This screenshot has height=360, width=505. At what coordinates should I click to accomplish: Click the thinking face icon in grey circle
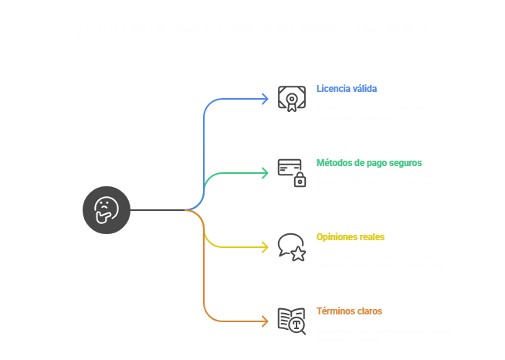coord(107,209)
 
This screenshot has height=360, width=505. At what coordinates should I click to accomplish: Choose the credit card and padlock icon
coord(291,172)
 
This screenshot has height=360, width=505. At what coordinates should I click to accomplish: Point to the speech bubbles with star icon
coord(291,246)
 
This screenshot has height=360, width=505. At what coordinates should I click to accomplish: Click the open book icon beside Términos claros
coord(291,320)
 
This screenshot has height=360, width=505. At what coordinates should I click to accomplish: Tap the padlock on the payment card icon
coord(300,181)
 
